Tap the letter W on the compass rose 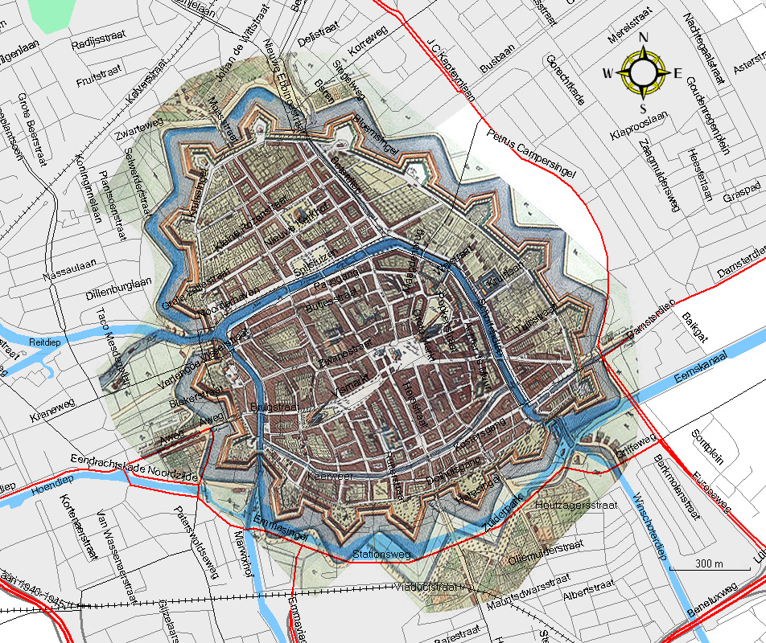coord(607,74)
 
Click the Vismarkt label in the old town coord(352,385)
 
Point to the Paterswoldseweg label coord(198,543)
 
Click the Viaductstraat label coord(427,587)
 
